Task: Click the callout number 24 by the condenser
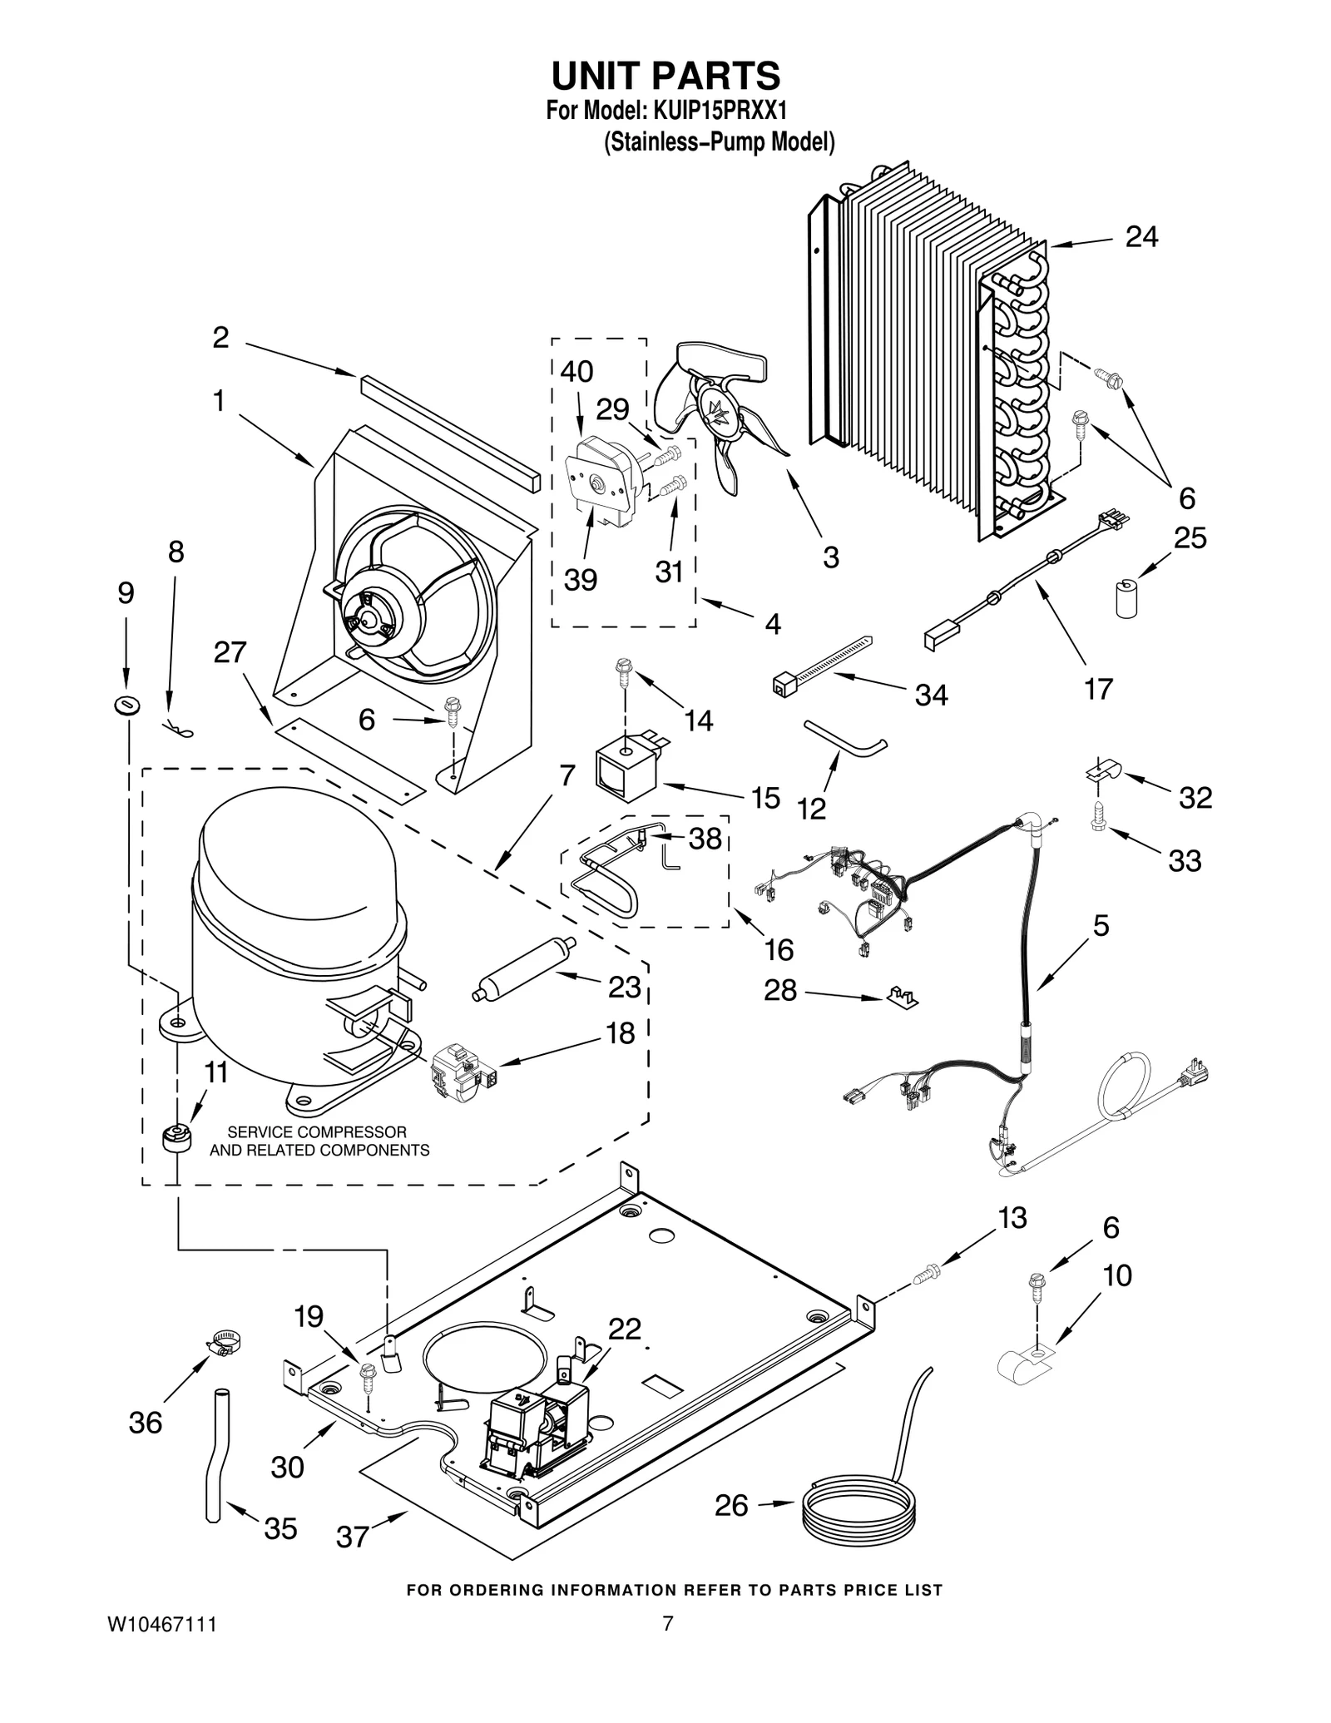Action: (1141, 237)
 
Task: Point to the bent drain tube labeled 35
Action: (215, 1452)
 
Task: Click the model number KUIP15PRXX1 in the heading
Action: (720, 110)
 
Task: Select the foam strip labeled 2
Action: (450, 432)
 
